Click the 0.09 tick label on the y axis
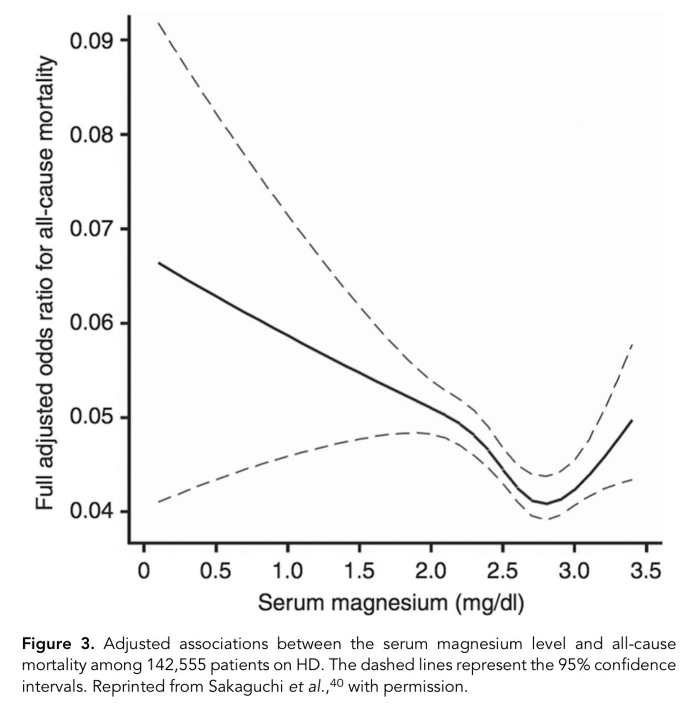tap(91, 41)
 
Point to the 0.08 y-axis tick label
tap(91, 135)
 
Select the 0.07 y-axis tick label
tap(91, 229)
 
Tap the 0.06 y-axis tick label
tap(91, 324)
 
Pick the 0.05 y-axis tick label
tap(91, 417)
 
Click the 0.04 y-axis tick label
tap(91, 512)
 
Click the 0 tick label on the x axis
tap(144, 570)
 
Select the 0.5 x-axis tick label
tap(215, 570)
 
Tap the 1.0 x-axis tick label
tap(287, 570)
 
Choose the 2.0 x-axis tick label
tap(431, 570)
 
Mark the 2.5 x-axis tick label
tap(503, 570)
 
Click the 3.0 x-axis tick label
tap(574, 570)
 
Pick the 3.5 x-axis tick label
tap(646, 570)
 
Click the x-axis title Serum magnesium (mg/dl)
tap(391, 603)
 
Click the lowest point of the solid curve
tap(546, 503)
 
